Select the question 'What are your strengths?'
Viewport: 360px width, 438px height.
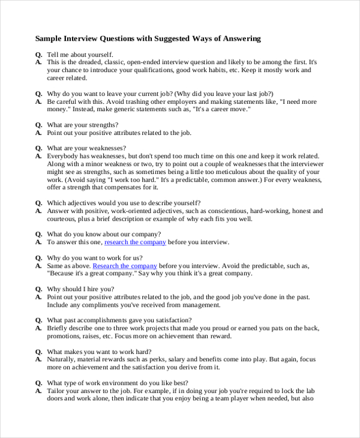83,125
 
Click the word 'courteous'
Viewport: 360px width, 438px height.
62,219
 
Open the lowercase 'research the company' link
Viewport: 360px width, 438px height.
135,242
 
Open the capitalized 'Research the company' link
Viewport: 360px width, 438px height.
125,266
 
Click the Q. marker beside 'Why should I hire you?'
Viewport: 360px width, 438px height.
38,289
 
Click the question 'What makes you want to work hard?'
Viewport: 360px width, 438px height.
99,352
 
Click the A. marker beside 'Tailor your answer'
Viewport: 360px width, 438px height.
38,391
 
